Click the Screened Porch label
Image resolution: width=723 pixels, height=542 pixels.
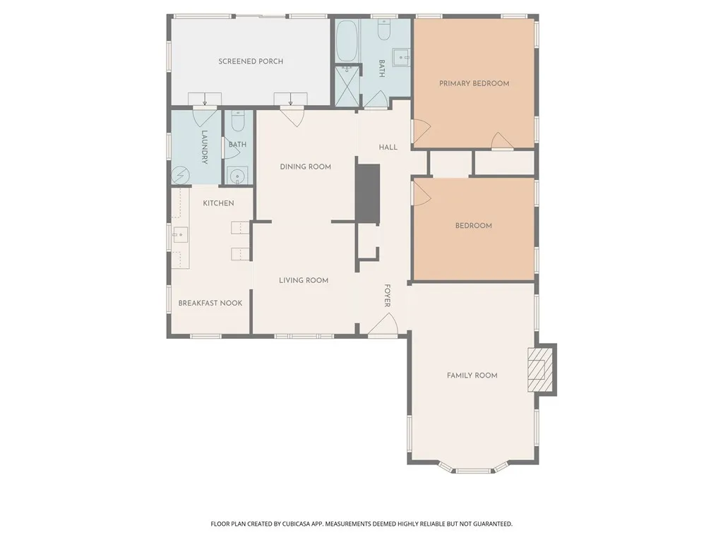[251, 61]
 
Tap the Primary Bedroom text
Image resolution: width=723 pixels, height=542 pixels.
[474, 83]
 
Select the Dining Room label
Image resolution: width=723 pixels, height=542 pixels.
[305, 167]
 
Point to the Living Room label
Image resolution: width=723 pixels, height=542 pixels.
[304, 280]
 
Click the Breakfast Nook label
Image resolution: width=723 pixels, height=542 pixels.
[210, 303]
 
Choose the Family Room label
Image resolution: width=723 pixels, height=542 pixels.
[472, 375]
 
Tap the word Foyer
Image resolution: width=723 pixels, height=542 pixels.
[388, 296]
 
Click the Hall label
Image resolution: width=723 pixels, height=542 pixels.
[388, 147]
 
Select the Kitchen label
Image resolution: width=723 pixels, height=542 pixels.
[219, 203]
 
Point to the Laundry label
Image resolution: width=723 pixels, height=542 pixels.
[204, 147]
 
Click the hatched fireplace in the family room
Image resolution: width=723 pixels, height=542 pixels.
[540, 370]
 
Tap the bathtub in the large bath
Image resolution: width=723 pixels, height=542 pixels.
[346, 41]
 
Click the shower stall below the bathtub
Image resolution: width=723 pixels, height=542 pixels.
[347, 85]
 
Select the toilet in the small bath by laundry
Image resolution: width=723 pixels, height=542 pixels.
[238, 121]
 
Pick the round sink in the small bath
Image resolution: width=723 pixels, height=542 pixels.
[238, 176]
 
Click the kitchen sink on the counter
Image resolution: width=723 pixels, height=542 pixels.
[180, 234]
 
